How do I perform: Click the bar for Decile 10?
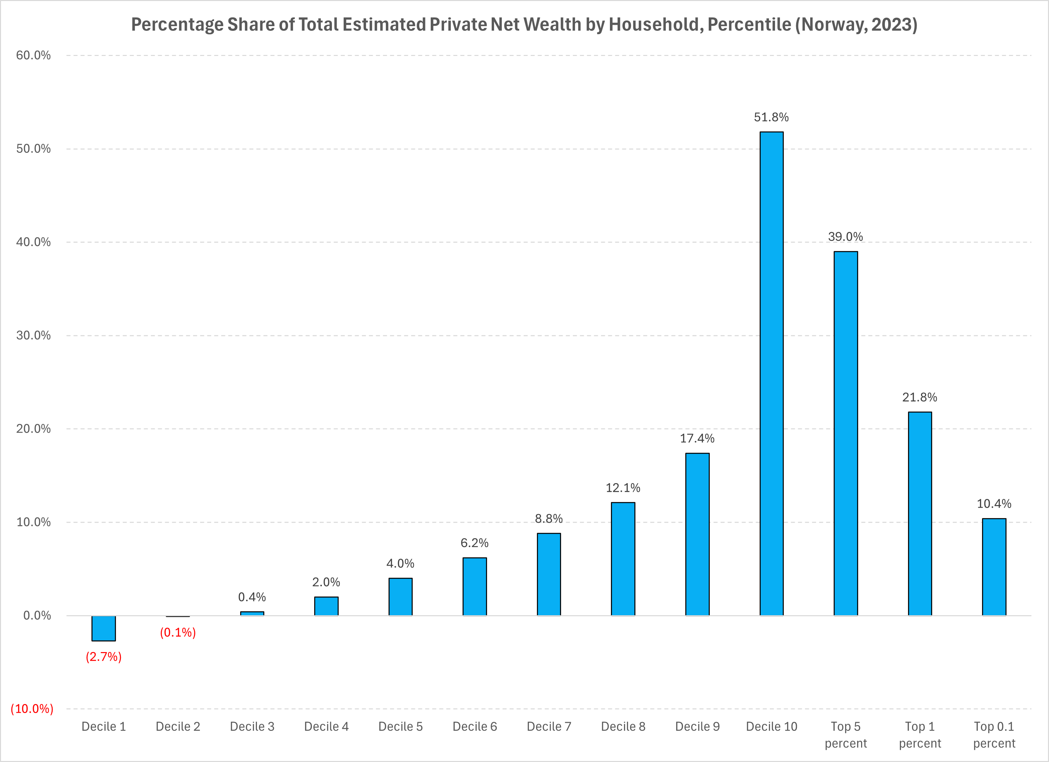pos(771,374)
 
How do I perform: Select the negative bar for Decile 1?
pos(103,628)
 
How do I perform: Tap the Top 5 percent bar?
pos(845,434)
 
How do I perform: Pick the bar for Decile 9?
pos(697,534)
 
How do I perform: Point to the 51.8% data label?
pos(771,118)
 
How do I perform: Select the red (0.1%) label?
pos(178,632)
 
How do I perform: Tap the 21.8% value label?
pos(919,397)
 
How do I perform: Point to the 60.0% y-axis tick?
pos(33,56)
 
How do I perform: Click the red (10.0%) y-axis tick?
pos(32,709)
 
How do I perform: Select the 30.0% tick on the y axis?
pos(33,335)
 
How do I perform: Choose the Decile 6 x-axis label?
pos(475,727)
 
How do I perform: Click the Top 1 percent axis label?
pos(919,735)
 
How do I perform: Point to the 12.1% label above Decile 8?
pos(623,488)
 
